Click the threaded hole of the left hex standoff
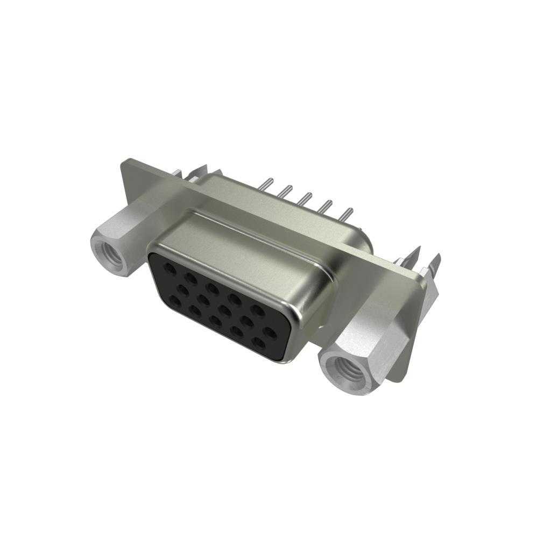click(109, 251)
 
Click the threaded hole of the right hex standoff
click(347, 371)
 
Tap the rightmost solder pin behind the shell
click(348, 213)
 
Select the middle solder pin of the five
click(307, 198)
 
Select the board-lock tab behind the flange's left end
click(198, 171)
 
